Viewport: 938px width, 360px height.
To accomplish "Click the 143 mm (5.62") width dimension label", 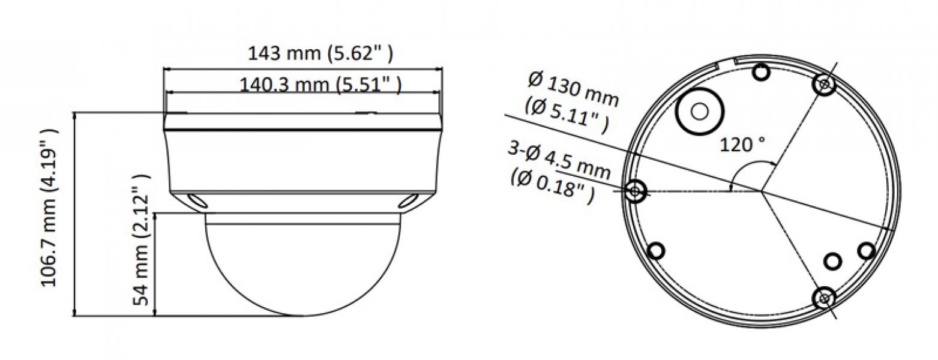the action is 320,53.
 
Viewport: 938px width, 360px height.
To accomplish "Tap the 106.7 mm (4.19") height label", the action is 49,208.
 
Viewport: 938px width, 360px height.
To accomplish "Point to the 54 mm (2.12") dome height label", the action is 141,240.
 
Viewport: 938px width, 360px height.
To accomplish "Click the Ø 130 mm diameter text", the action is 573,91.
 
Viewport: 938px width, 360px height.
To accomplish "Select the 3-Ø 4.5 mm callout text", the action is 559,160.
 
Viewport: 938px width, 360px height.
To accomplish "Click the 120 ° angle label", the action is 742,145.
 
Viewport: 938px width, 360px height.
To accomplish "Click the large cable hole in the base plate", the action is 700,112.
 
